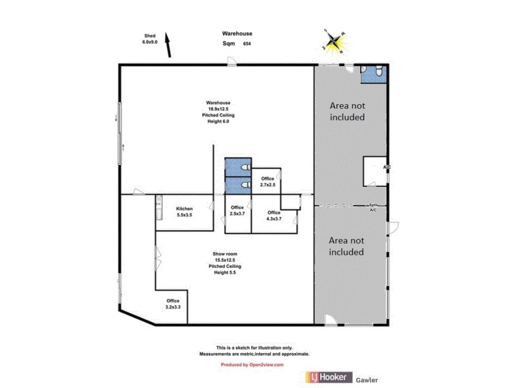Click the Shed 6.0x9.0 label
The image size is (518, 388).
(x=150, y=38)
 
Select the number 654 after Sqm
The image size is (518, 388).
(x=247, y=44)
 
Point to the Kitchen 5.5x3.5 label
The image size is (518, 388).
(x=185, y=211)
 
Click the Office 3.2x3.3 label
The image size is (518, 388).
(x=173, y=304)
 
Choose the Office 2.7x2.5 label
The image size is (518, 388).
(x=267, y=182)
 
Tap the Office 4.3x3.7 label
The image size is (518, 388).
(x=274, y=216)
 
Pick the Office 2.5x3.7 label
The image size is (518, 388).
(x=237, y=211)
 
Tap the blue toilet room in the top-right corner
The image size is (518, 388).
(x=373, y=73)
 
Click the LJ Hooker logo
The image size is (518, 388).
(x=328, y=376)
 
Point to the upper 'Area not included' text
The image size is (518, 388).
(x=347, y=111)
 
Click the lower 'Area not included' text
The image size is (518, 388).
(x=346, y=246)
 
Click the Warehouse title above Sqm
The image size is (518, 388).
(x=238, y=34)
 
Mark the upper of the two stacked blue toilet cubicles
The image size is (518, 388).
(x=237, y=167)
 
